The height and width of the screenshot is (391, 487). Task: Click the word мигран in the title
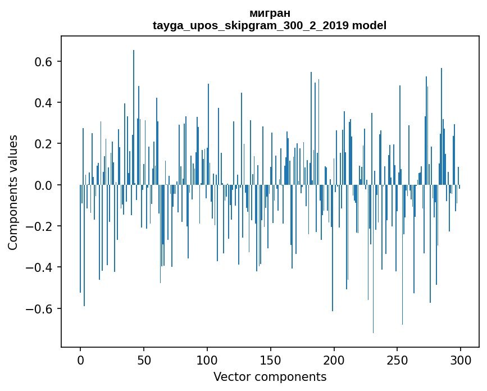tap(270, 13)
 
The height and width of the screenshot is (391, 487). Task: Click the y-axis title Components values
tap(13, 192)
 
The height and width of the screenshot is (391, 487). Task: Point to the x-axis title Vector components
tap(270, 376)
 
